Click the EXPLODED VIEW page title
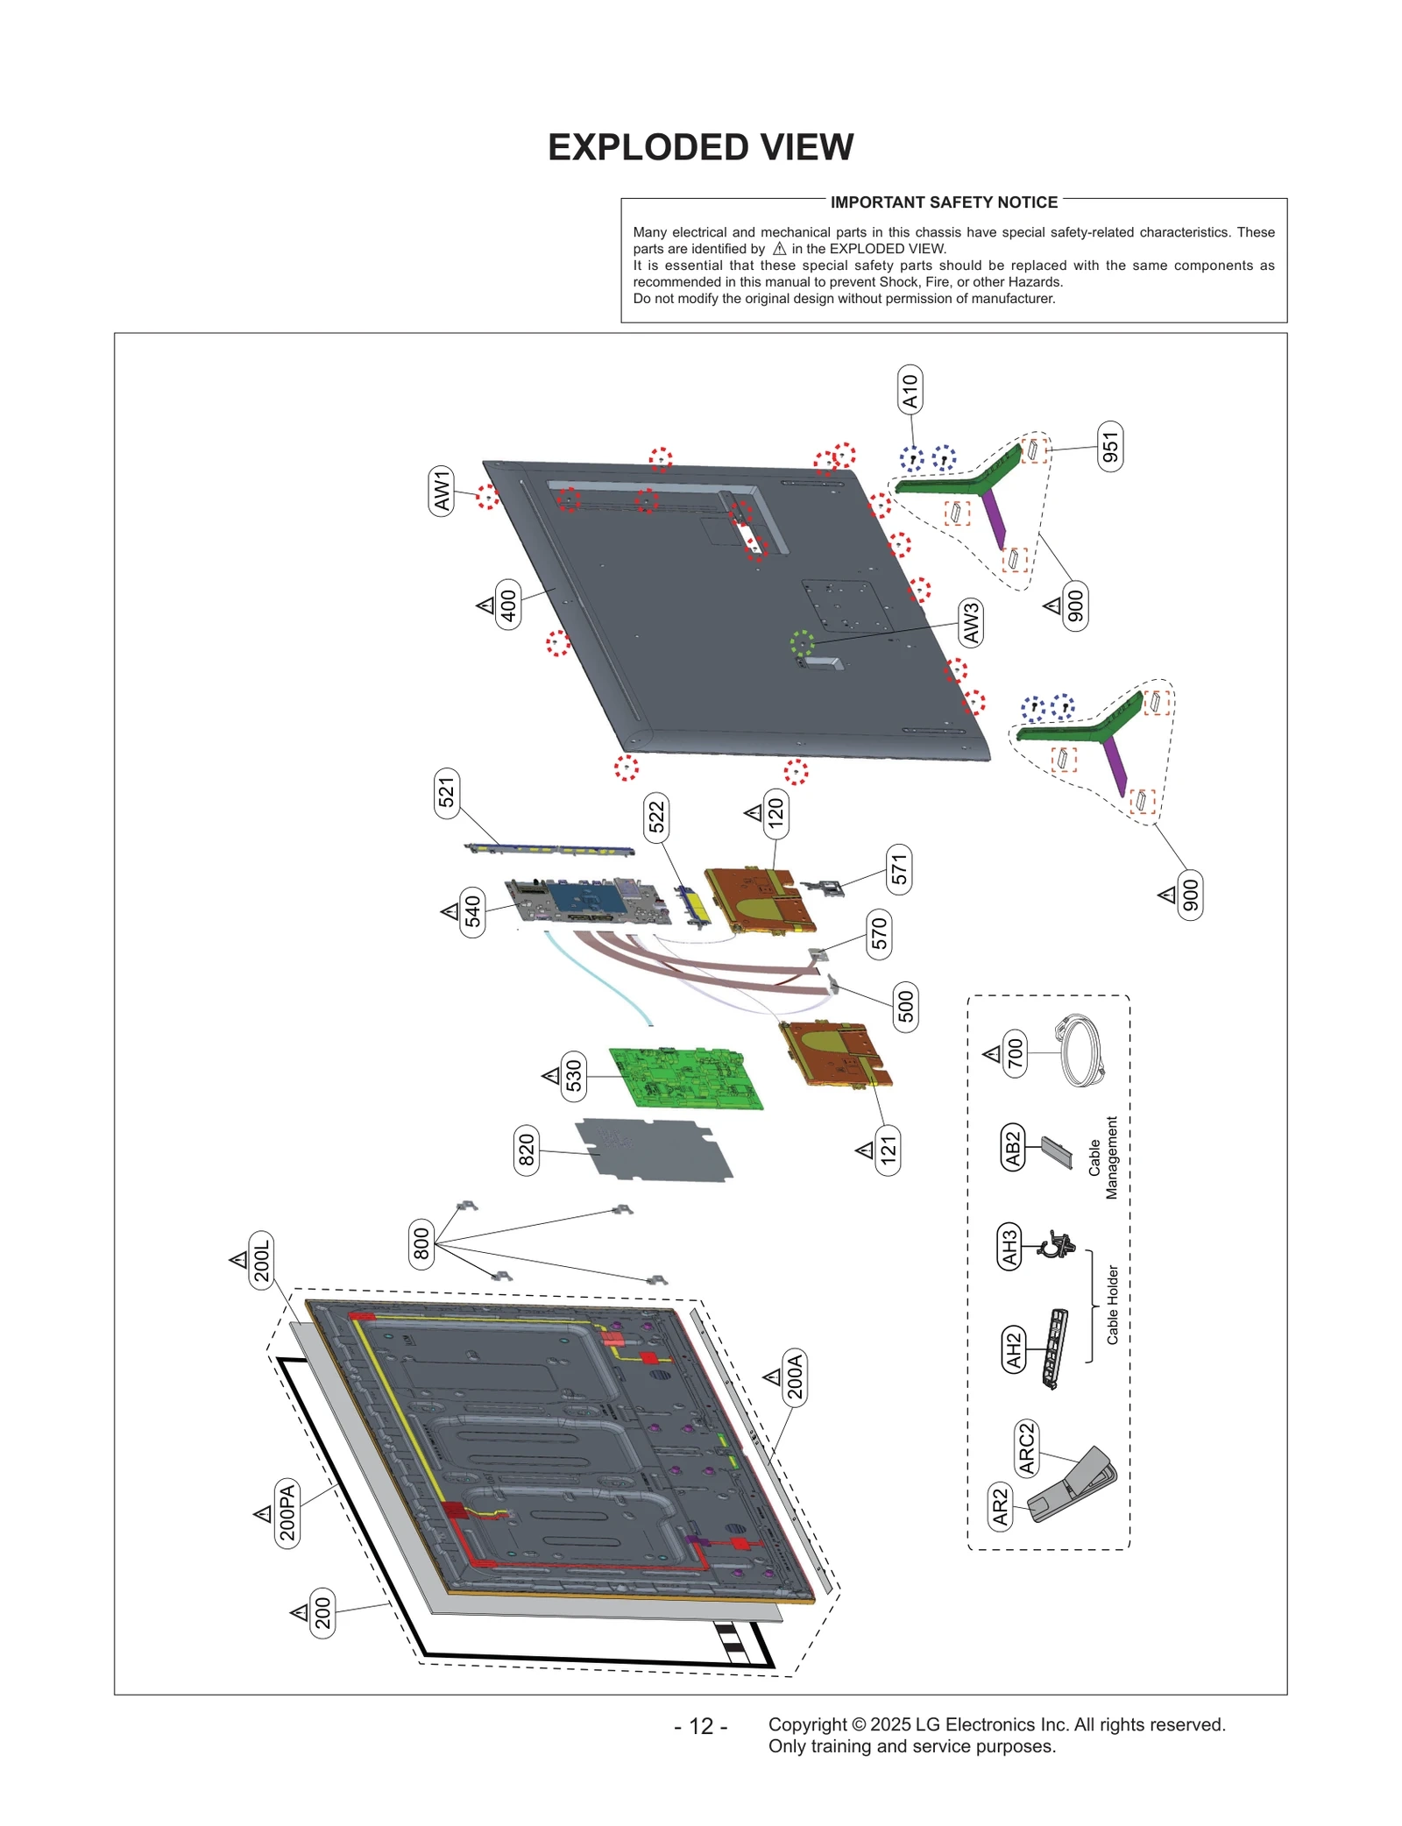tap(700, 147)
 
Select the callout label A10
tap(910, 390)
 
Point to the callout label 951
tap(1110, 446)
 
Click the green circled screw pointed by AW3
tap(802, 643)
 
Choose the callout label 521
tap(447, 793)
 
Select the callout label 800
tap(421, 1243)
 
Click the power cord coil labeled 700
tap(1080, 1051)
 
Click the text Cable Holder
tap(1112, 1305)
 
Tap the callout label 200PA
tap(287, 1514)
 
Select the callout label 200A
tap(795, 1377)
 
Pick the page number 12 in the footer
tap(701, 1725)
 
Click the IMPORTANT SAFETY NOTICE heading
tap(943, 202)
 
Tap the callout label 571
tap(899, 869)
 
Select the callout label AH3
tap(1009, 1246)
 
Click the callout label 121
tap(888, 1150)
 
